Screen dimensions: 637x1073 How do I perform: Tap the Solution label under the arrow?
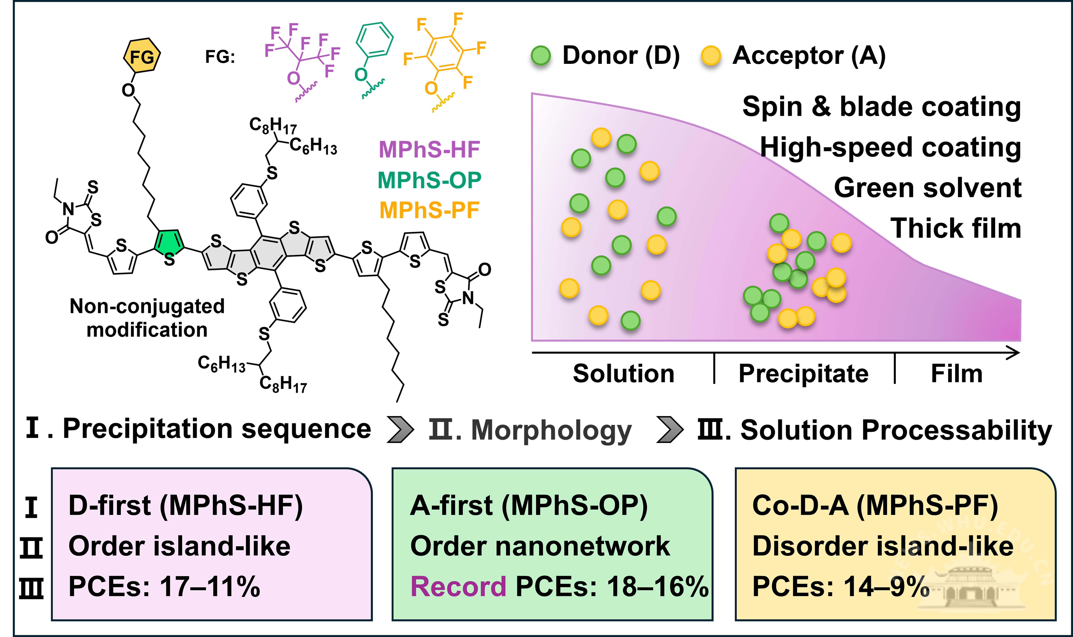tap(623, 373)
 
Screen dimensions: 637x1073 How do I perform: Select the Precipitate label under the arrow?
tap(803, 373)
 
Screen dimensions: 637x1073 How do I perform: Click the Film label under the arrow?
tap(956, 373)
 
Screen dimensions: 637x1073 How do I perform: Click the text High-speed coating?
tap(890, 147)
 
